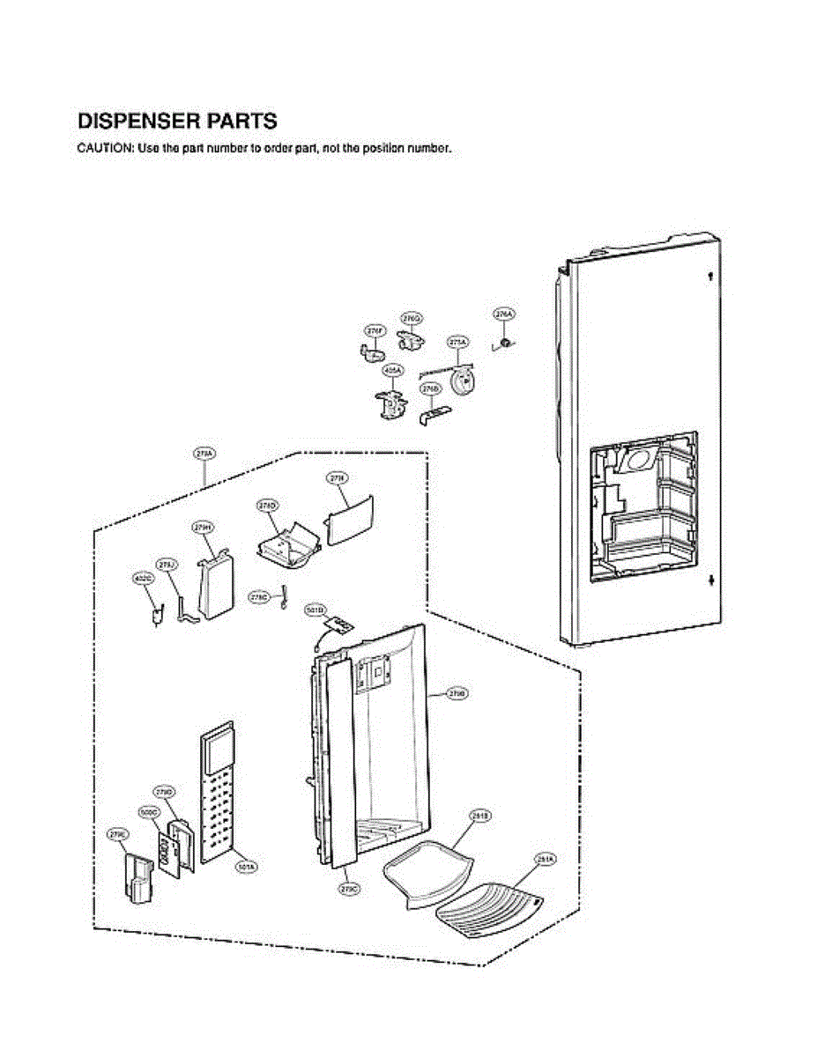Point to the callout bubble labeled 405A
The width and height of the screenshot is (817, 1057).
[x=392, y=372]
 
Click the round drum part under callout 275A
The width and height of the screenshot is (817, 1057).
[x=461, y=381]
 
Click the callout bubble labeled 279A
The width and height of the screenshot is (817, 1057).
[x=204, y=454]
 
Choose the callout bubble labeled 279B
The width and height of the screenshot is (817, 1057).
[x=457, y=695]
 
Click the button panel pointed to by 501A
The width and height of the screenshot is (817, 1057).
[x=216, y=793]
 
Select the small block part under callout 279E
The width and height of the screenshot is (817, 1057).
[x=138, y=876]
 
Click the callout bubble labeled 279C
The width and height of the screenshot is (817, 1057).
[x=348, y=889]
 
